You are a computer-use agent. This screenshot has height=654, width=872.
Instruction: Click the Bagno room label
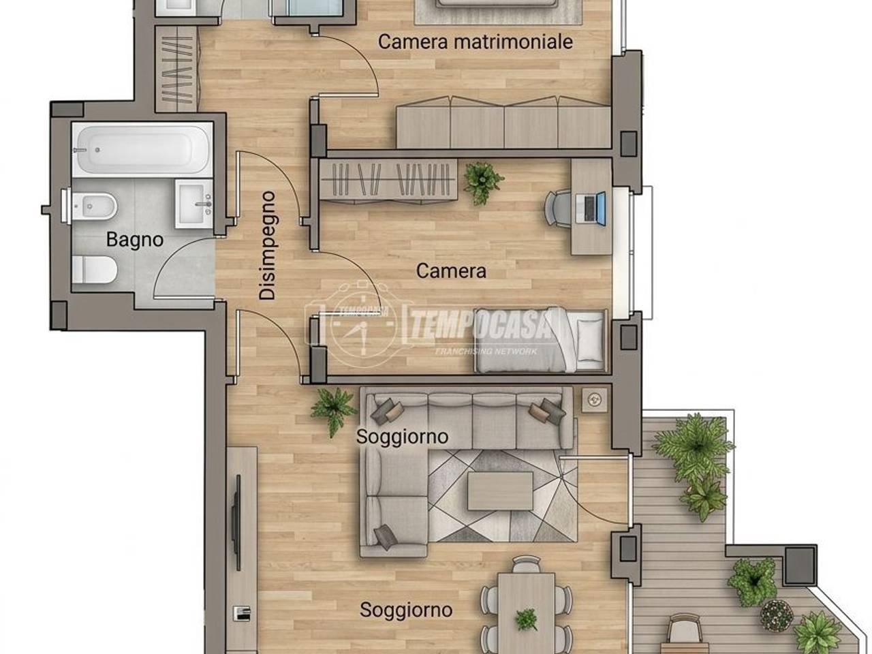(135, 240)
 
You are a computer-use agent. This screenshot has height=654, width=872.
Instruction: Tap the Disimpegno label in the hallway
(267, 245)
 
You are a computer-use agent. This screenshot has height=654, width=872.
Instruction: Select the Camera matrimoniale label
(475, 42)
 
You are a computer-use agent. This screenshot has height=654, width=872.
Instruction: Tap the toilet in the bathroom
(95, 270)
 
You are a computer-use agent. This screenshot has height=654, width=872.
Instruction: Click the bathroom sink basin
(194, 204)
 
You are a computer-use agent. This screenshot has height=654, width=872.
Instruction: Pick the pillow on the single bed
(590, 341)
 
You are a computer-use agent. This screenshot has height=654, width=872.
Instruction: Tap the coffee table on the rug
(500, 490)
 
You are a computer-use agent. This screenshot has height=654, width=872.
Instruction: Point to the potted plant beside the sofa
(333, 410)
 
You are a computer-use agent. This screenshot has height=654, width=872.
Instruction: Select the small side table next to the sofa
(594, 400)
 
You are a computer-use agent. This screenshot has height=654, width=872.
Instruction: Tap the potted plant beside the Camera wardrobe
(483, 183)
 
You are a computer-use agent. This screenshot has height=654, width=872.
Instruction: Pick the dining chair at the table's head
(527, 564)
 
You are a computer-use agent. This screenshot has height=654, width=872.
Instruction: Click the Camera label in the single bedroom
(451, 271)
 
